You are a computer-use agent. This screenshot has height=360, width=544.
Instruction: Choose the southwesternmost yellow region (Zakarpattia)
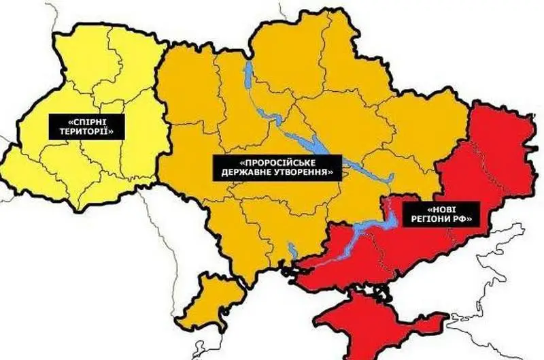(x=27, y=170)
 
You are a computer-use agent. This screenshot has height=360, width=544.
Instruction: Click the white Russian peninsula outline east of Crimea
(x=476, y=320)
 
